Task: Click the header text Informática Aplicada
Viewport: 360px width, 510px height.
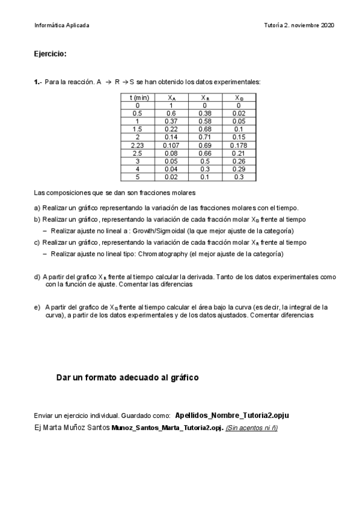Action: [62, 25]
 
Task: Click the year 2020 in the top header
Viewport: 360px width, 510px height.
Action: [328, 25]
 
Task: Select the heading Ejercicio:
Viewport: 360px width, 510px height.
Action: [50, 54]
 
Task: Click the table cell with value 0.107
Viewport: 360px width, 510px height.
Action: [171, 146]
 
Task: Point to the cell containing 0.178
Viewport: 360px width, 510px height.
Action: [239, 146]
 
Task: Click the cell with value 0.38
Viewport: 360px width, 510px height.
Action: [205, 113]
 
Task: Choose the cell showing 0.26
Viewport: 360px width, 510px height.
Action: [239, 161]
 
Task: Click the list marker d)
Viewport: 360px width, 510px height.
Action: [37, 277]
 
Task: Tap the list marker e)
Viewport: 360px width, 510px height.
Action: [37, 307]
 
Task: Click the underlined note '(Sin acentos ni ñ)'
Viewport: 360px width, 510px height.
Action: [252, 428]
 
